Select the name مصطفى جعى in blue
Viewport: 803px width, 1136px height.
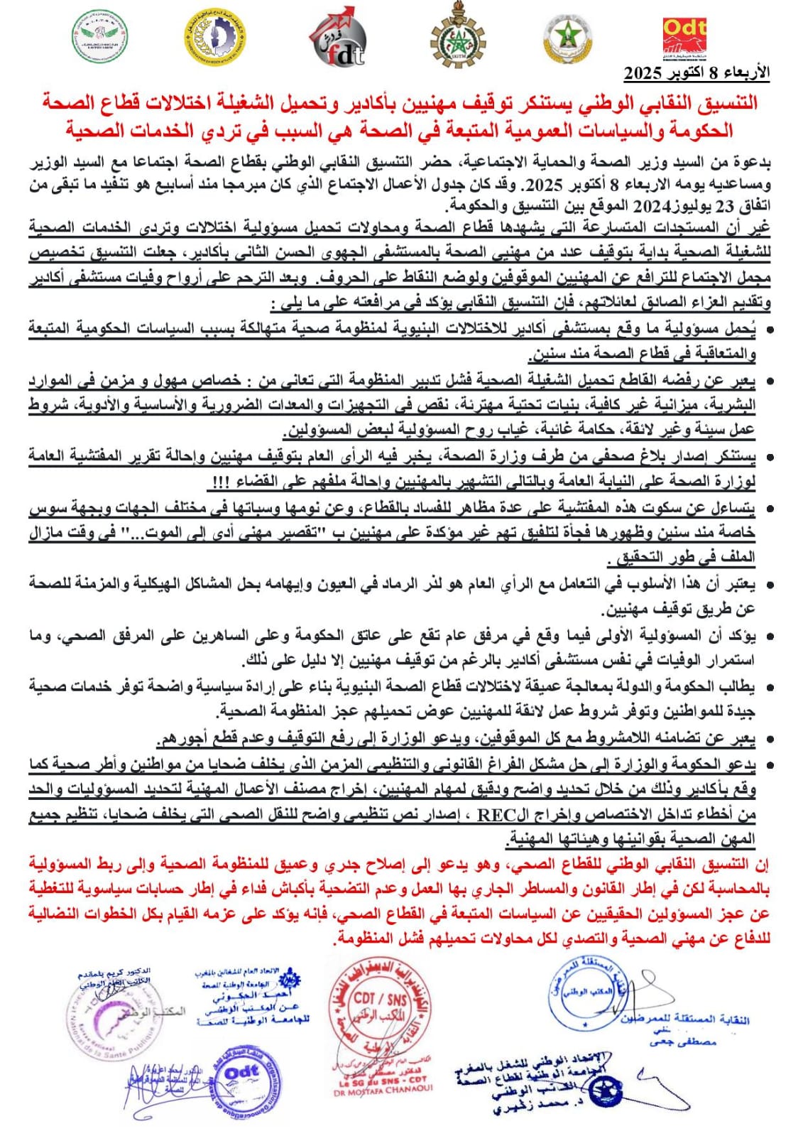[682, 1042]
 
